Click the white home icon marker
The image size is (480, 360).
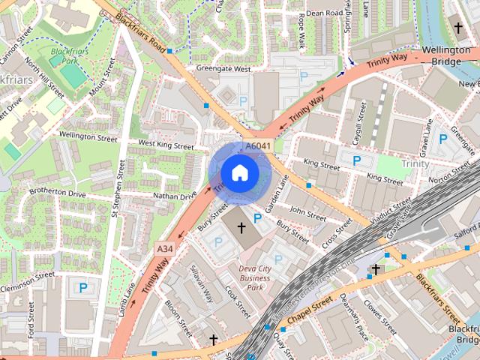tap(239, 173)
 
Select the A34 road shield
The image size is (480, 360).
tap(165, 248)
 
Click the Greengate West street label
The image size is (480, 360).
tap(223, 68)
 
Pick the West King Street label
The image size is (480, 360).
tap(166, 142)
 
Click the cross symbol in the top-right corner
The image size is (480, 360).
tap(458, 28)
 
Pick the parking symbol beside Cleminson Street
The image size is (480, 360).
tap(82, 287)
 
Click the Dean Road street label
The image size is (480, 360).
tap(325, 13)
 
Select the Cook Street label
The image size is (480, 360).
tap(237, 300)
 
